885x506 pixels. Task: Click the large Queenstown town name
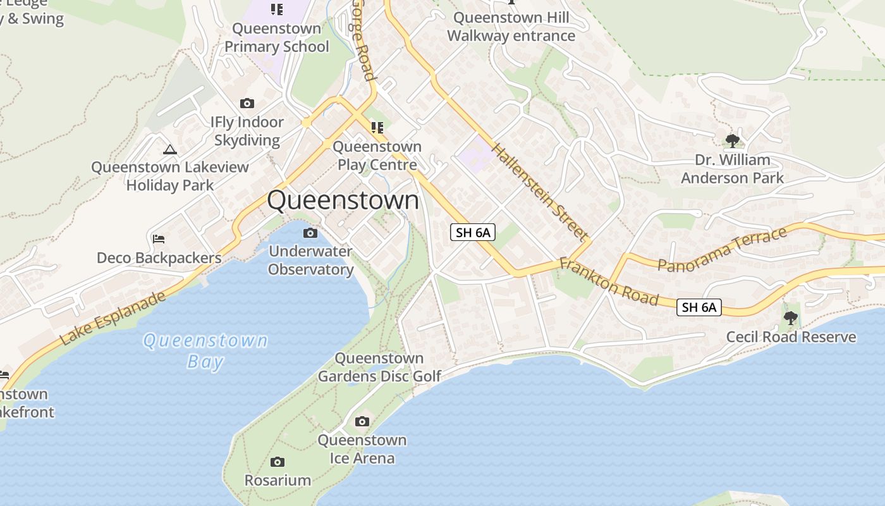point(343,200)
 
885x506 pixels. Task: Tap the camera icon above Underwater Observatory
point(310,233)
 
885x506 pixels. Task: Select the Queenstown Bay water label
point(205,351)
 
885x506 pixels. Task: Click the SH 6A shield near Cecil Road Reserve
point(699,307)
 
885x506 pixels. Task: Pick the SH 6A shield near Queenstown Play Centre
point(473,232)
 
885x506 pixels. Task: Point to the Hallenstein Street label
point(539,192)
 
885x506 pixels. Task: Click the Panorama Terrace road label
point(723,249)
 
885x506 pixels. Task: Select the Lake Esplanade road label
point(114,318)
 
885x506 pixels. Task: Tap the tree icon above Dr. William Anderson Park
point(732,140)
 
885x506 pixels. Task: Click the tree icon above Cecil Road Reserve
point(790,318)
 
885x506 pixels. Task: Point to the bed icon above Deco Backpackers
point(159,239)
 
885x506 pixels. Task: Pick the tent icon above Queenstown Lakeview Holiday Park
point(169,149)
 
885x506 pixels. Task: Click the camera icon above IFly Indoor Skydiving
point(247,103)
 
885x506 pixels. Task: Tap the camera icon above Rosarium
point(277,462)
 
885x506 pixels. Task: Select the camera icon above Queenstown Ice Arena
point(362,421)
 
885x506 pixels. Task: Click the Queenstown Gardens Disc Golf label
point(379,367)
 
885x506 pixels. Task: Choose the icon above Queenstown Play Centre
point(377,128)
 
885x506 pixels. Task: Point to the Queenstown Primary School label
point(277,37)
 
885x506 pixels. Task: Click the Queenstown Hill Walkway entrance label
point(511,27)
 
